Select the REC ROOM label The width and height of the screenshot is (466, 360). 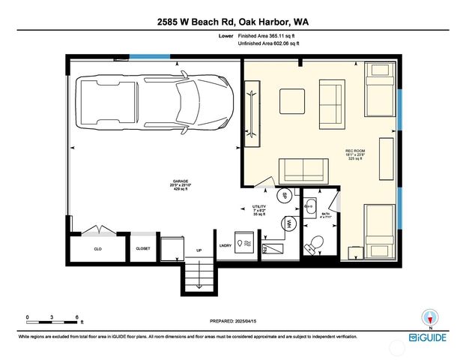pyautogui.click(x=354, y=153)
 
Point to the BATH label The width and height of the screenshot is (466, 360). pyautogui.click(x=325, y=215)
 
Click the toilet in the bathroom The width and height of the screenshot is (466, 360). pyautogui.click(x=315, y=244)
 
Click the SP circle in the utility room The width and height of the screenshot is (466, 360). pyautogui.click(x=284, y=195)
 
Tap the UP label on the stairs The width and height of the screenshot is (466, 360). pyautogui.click(x=199, y=250)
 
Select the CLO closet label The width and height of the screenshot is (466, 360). pyautogui.click(x=97, y=248)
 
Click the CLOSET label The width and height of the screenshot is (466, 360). pyautogui.click(x=142, y=248)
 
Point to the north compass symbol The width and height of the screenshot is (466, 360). pyautogui.click(x=429, y=317)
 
